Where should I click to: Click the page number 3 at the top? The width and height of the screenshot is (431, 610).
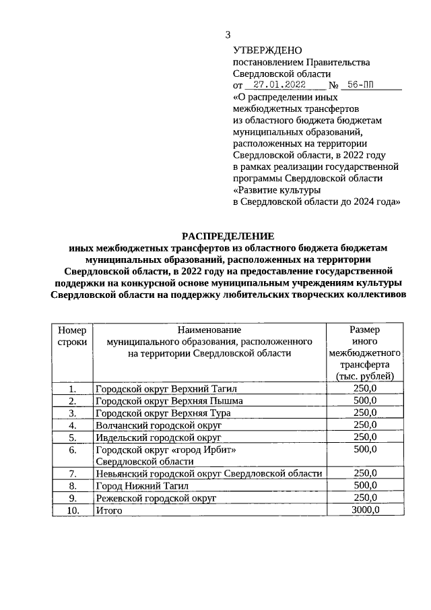228,35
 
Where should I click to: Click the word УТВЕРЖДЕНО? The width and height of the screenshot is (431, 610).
267,51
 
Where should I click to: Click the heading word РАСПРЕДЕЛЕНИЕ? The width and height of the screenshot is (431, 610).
228,236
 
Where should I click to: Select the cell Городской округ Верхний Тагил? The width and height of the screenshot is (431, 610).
166,389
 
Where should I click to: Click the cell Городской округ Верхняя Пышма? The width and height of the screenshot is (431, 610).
169,401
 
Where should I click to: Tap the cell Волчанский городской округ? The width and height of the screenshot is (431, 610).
158,425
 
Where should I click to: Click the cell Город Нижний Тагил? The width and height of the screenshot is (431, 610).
142,485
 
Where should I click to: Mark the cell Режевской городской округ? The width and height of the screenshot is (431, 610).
156,497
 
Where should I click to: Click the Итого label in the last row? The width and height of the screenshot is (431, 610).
108,510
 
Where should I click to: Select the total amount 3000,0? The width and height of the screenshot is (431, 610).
364,510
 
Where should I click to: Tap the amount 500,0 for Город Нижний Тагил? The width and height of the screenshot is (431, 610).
364,485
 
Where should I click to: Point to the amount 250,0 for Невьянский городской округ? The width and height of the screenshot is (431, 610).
364,473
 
